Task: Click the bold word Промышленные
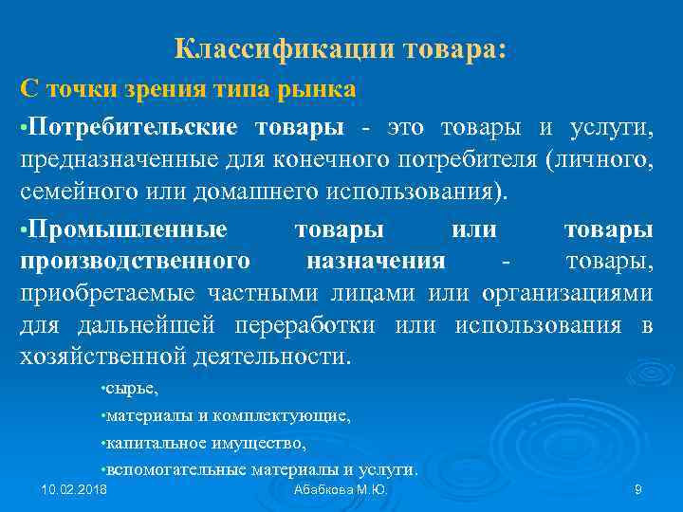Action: click(x=129, y=229)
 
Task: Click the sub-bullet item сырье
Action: click(x=133, y=389)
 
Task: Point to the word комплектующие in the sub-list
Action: click(x=295, y=415)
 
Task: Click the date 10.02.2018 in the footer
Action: click(x=75, y=489)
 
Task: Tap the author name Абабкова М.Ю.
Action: click(x=341, y=489)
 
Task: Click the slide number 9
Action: click(x=638, y=489)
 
